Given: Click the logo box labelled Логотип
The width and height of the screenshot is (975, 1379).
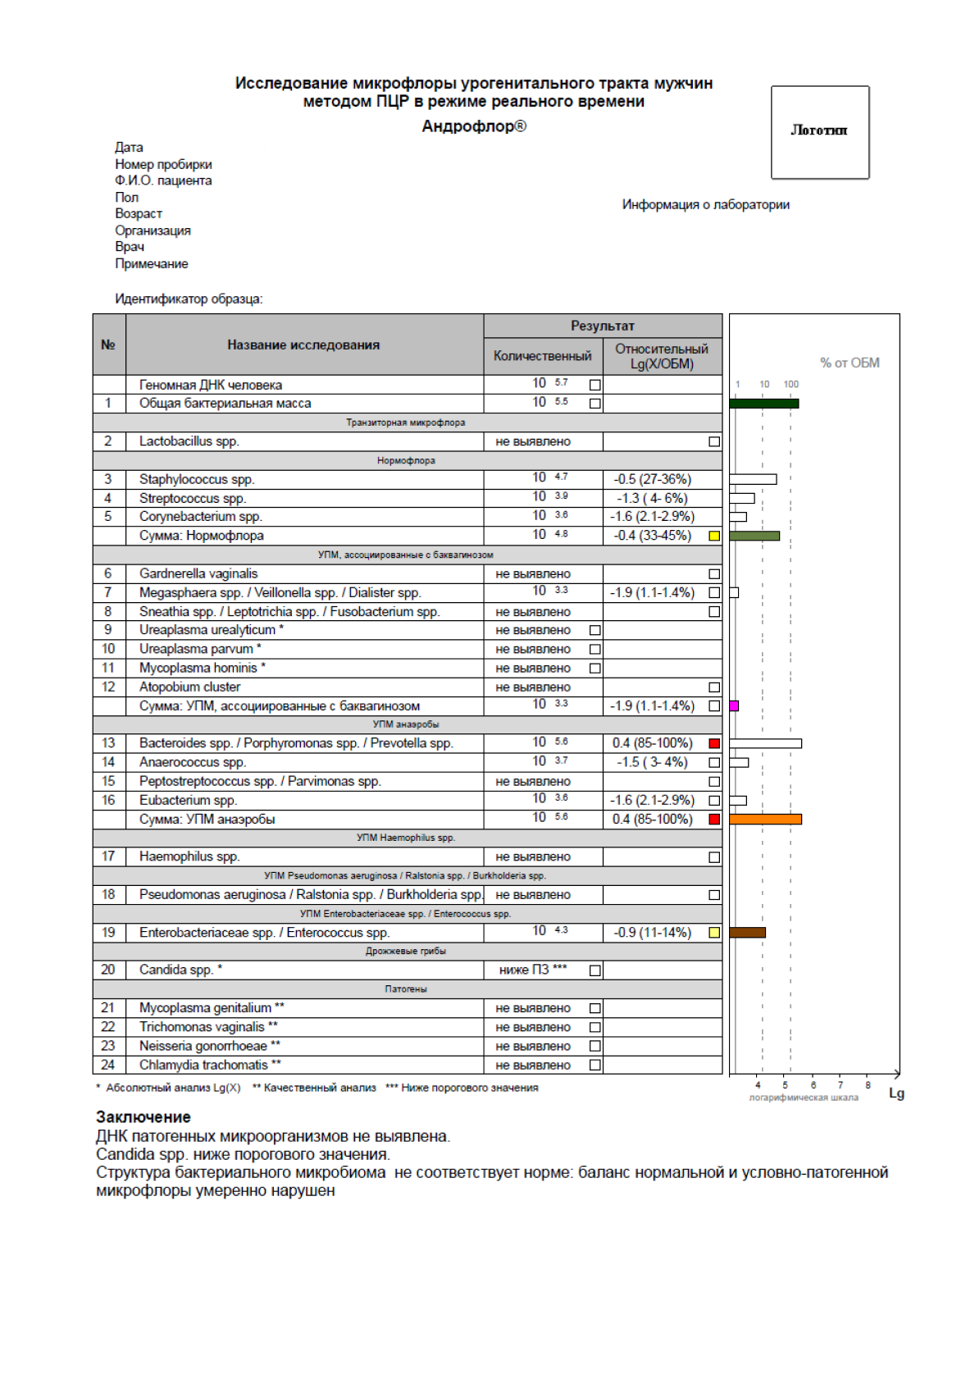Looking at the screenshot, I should [819, 132].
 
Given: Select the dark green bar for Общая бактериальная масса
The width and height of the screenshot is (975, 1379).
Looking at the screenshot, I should [763, 404].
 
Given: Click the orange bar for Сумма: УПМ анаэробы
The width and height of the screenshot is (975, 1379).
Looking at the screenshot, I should [765, 819].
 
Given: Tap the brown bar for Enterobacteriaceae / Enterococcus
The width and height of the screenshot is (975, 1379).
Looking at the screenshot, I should [747, 932].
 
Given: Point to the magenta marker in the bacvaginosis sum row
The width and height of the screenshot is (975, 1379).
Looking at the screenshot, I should [734, 705].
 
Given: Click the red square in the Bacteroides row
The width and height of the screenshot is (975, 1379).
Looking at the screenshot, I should [714, 743].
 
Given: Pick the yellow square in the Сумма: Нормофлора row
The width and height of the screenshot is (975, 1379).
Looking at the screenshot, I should [714, 536].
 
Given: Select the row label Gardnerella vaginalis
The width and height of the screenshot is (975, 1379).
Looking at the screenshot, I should [198, 573].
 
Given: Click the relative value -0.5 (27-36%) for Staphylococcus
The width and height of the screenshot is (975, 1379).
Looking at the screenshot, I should [652, 479].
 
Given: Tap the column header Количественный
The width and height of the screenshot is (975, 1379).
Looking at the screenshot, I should [542, 356].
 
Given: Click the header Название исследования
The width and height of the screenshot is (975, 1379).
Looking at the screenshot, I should [303, 345].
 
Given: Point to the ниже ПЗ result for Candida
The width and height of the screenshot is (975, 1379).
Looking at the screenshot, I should [533, 970].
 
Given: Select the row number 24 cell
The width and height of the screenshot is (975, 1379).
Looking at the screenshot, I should [108, 1065].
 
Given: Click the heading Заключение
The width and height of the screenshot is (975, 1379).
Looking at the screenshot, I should [143, 1116].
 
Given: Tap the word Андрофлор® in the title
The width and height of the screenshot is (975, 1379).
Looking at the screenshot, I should [474, 126].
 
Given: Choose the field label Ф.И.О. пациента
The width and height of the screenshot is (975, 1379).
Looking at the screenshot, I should [163, 180].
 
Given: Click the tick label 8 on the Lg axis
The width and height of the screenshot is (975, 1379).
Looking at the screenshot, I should [868, 1084].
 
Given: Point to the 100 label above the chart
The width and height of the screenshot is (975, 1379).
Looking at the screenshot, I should [790, 384].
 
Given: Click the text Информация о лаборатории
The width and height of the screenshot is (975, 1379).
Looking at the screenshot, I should [705, 204].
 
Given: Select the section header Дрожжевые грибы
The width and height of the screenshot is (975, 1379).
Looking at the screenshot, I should [406, 951].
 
